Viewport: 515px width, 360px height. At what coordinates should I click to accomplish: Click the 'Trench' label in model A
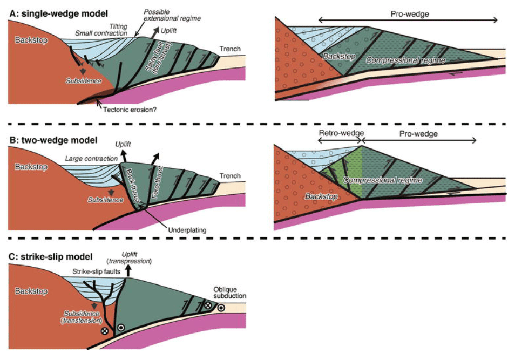coord(229,50)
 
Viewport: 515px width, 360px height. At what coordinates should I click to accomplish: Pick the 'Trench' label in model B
coord(229,175)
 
